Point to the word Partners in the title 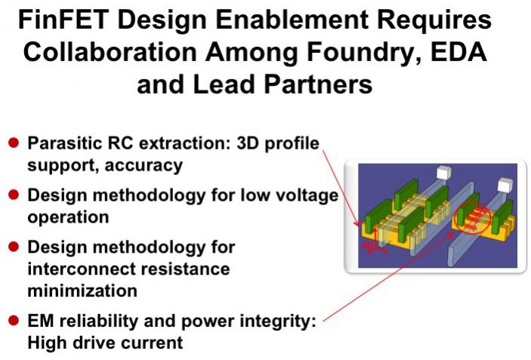point(318,84)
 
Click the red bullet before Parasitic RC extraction point(14,143)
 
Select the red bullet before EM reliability point(14,320)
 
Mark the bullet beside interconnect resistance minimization point(14,247)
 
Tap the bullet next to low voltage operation point(14,195)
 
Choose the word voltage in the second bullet point(306,196)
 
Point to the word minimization point(82,291)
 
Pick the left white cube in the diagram point(444,173)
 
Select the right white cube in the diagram point(505,185)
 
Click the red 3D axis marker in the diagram point(374,242)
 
